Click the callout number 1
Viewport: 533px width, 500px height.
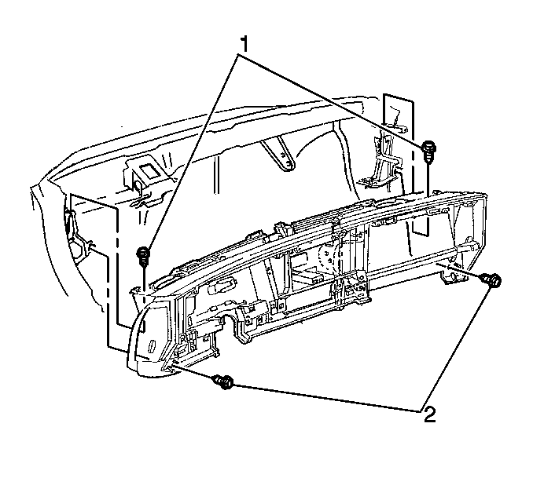tap(244, 45)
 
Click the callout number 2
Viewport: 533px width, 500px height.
tap(430, 414)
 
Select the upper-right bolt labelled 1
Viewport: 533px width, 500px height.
tap(428, 153)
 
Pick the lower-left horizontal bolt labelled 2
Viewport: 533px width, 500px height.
tap(223, 382)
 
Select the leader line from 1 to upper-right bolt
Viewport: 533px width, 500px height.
tap(331, 99)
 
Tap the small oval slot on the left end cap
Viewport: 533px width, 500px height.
tap(152, 347)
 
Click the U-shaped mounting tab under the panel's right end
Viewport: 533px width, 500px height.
tap(450, 276)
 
